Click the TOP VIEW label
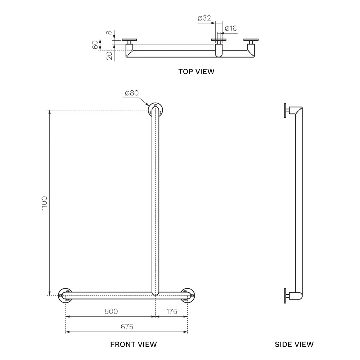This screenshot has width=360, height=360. pos(196,72)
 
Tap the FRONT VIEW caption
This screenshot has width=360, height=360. pos(134,345)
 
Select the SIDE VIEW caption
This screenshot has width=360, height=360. pos(294,345)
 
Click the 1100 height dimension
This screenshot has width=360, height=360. pos(44,203)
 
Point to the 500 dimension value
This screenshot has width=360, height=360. pos(111,311)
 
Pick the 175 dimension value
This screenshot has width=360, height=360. pos(171,311)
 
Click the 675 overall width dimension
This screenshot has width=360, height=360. pos(127,327)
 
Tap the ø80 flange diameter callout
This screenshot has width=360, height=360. pos(132,93)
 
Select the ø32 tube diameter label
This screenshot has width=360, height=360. pos(204,18)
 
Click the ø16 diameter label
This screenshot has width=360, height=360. pos(231,28)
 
